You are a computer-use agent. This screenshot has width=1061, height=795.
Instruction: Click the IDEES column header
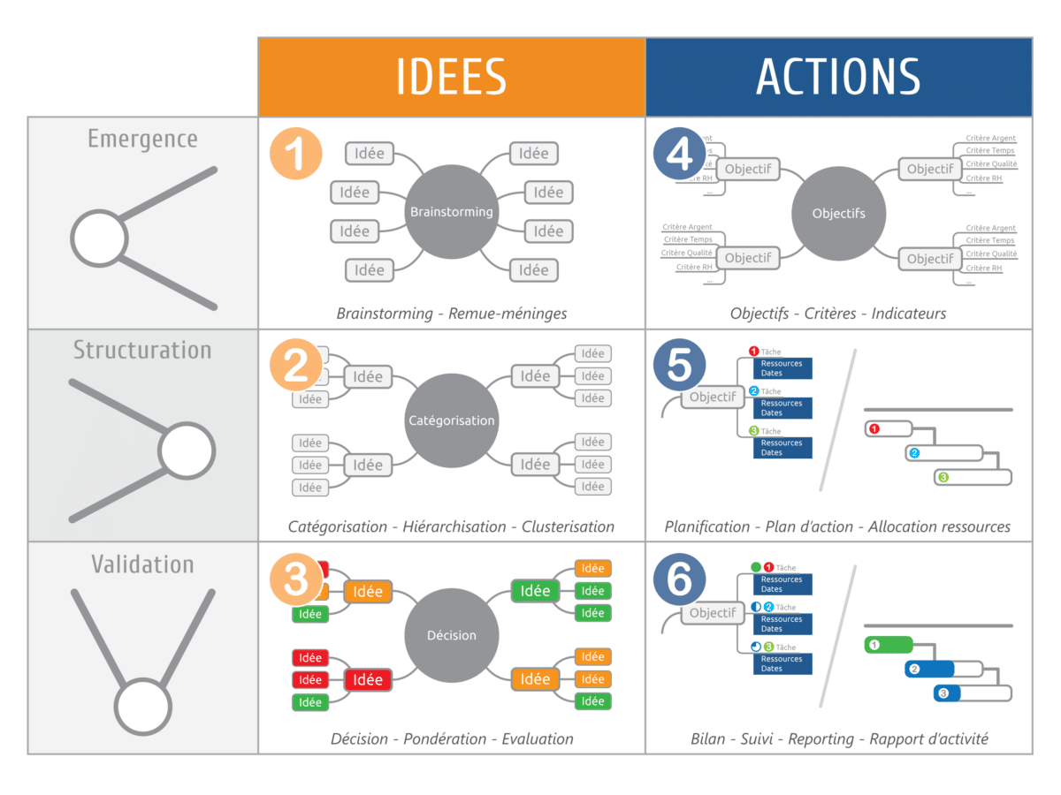click(451, 77)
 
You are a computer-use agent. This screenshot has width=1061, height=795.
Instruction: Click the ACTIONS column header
click(838, 77)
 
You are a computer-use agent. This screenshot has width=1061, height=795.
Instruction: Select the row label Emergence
click(142, 140)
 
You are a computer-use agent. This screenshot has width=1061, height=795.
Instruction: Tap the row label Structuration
click(142, 350)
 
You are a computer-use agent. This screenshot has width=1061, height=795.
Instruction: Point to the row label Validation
click(142, 564)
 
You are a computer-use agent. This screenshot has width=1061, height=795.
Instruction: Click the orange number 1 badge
click(296, 152)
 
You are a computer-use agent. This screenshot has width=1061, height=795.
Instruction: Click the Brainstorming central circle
click(451, 212)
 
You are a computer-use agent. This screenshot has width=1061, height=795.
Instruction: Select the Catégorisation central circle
click(451, 420)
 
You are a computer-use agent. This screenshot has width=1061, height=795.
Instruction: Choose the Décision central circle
click(451, 635)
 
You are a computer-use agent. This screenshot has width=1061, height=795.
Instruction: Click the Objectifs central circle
click(838, 213)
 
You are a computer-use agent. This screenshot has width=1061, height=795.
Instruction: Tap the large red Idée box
click(368, 679)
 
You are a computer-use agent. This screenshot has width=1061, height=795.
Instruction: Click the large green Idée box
click(535, 590)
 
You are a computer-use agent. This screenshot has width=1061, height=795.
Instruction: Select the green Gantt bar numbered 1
click(888, 645)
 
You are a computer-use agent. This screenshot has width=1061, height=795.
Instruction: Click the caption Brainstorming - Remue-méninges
click(451, 313)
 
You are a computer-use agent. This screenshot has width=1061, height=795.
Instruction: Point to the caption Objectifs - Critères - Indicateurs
click(838, 313)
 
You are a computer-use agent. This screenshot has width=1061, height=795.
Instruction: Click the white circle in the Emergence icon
click(98, 238)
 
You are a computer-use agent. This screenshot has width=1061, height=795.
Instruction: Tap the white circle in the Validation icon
click(142, 707)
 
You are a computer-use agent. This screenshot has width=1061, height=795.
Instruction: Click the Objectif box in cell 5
click(713, 397)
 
